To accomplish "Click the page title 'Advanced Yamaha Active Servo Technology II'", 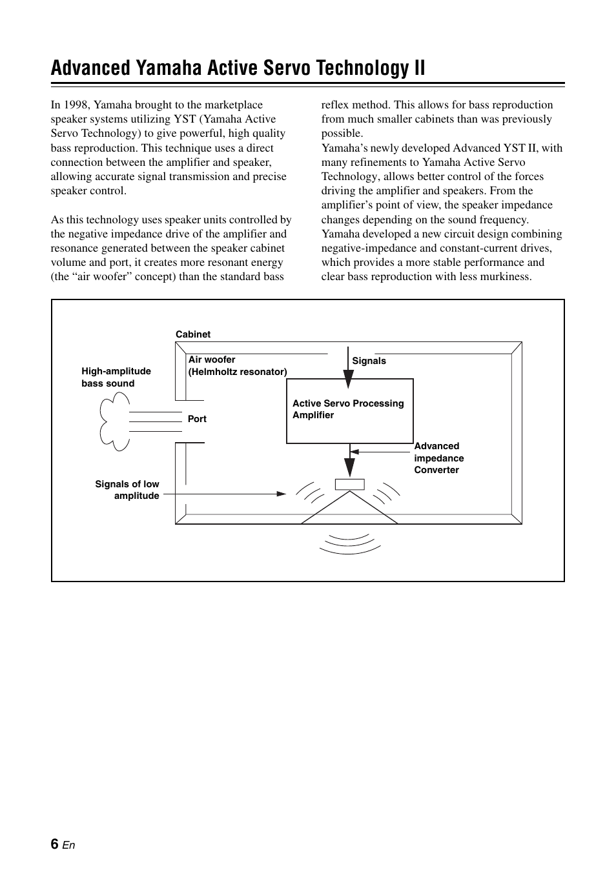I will [x=238, y=68].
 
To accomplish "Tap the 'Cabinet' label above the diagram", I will [x=193, y=334].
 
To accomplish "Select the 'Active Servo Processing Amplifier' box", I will [x=349, y=410].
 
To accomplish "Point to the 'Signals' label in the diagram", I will [x=369, y=361].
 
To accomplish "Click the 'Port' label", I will [x=197, y=419].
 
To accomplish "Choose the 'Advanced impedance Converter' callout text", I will [x=438, y=458].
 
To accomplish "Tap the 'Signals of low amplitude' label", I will [x=127, y=490].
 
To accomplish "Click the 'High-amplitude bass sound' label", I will [x=116, y=377].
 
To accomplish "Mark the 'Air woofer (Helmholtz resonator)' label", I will [x=237, y=366].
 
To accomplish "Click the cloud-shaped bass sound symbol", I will [x=114, y=423].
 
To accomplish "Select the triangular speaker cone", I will [x=349, y=510].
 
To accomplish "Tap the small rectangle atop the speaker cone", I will [x=349, y=484].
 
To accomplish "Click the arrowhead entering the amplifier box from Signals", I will [x=349, y=380].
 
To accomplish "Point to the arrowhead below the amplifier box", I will [x=349, y=467].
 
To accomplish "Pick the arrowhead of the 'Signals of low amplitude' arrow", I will [x=282, y=494].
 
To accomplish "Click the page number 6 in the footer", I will [x=54, y=844].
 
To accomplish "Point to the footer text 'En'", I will [x=69, y=845].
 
